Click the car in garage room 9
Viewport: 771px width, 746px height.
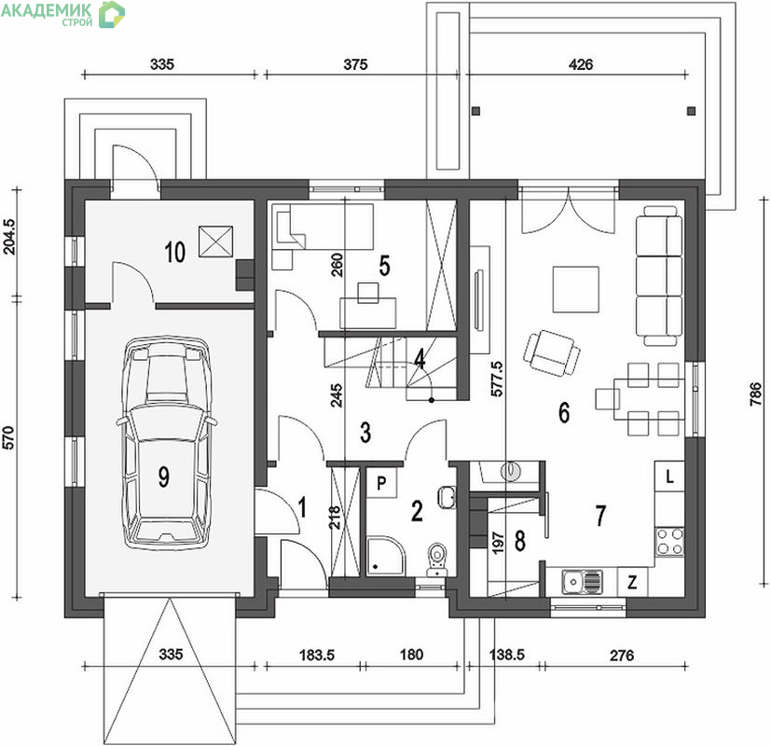pos(166,443)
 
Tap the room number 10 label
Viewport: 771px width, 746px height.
pos(174,253)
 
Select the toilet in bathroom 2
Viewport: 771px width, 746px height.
pos(436,559)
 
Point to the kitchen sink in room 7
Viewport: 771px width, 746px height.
pos(582,583)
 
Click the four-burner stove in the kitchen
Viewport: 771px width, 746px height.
pos(669,542)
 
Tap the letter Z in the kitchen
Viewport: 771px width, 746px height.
pos(632,583)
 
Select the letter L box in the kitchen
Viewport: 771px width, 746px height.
pos(669,476)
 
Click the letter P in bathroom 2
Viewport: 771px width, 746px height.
pos(381,483)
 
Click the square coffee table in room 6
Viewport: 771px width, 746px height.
pos(576,289)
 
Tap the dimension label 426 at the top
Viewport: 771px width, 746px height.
pos(581,64)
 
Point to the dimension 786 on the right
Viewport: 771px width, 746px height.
pos(755,394)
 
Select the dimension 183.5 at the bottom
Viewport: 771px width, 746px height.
pos(317,655)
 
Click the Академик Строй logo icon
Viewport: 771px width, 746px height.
pos(112,14)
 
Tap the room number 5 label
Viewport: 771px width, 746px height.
pos(384,266)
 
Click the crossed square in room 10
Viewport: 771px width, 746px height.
pos(215,241)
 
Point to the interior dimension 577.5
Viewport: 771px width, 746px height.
pos(497,379)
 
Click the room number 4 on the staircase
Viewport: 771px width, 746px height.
pos(420,359)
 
